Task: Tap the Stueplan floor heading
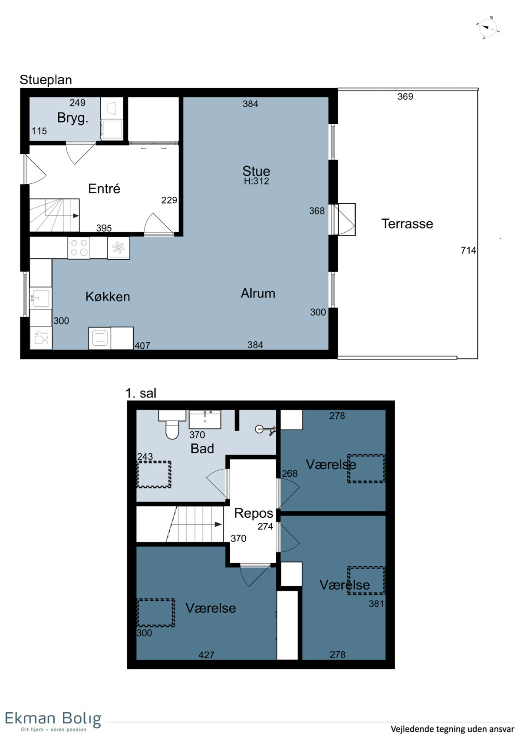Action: tap(46, 80)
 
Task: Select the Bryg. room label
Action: tap(73, 118)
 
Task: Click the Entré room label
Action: tap(104, 188)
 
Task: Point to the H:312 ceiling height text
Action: tap(256, 181)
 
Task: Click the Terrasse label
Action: tap(407, 224)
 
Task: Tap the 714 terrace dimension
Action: tap(468, 251)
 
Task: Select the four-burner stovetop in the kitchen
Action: tap(79, 248)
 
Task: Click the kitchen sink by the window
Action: tap(40, 298)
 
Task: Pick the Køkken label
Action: tap(108, 297)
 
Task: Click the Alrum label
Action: tap(258, 293)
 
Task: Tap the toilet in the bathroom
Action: tap(172, 424)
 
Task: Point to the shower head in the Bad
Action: tap(265, 429)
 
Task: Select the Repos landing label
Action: tap(254, 513)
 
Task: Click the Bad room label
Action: tap(202, 449)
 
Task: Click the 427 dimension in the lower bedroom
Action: tap(206, 655)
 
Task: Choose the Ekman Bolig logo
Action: tap(53, 721)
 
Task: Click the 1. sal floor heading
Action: tap(141, 393)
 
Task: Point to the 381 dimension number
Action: tap(376, 603)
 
